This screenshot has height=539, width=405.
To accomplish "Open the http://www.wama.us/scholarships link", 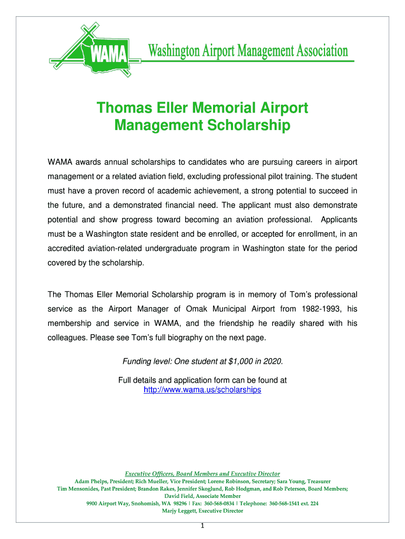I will (x=202, y=390).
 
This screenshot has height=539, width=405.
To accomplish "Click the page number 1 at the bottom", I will (x=202, y=526).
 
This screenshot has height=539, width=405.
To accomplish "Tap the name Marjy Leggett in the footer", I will (x=184, y=511).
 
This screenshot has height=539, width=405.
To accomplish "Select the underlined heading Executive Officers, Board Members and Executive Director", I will (x=202, y=473).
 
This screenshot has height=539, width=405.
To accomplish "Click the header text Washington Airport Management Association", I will (x=247, y=51).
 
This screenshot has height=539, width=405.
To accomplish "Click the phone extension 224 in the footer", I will (x=313, y=503).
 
